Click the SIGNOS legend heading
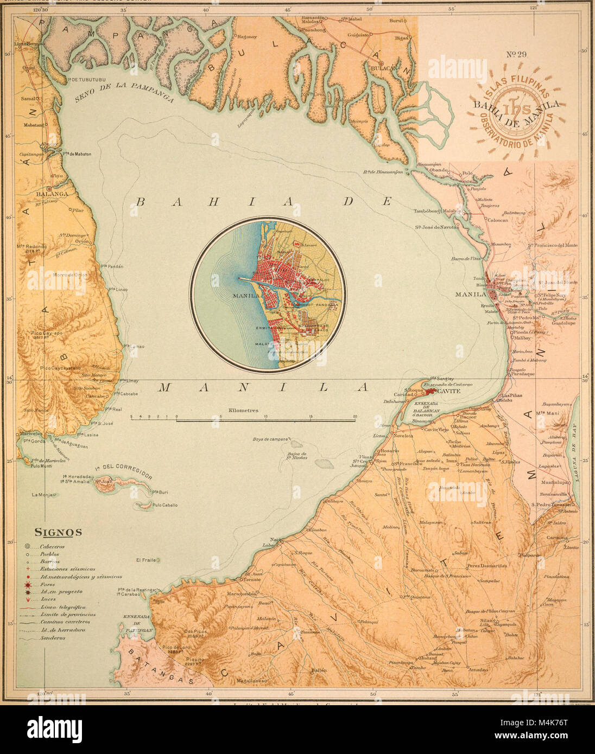pos(58,532)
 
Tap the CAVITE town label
pos(448,391)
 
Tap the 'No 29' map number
pos(517,54)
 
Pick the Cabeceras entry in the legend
pos(52,547)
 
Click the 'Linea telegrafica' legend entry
pos(62,607)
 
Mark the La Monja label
pos(42,495)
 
